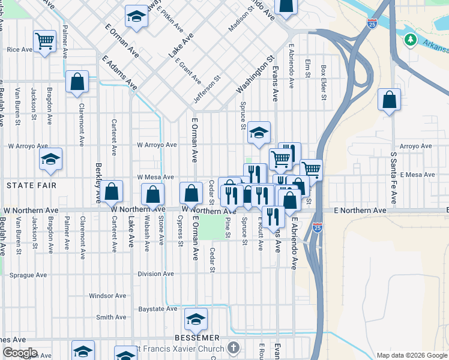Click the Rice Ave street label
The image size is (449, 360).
(x=19, y=50)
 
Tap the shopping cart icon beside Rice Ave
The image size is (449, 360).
(x=44, y=41)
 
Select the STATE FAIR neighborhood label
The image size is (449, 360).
(x=31, y=185)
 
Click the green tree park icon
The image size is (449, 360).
(x=411, y=40)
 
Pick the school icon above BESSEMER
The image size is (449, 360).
(x=196, y=320)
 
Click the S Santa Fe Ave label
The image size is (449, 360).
(x=394, y=178)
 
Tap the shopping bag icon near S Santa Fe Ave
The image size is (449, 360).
(x=390, y=100)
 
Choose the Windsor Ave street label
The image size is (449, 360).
(x=107, y=296)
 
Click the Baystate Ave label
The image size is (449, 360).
(x=158, y=309)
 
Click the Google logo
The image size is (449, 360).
(x=20, y=353)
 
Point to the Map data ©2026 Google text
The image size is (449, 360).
(x=411, y=355)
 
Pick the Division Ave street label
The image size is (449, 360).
(x=155, y=274)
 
